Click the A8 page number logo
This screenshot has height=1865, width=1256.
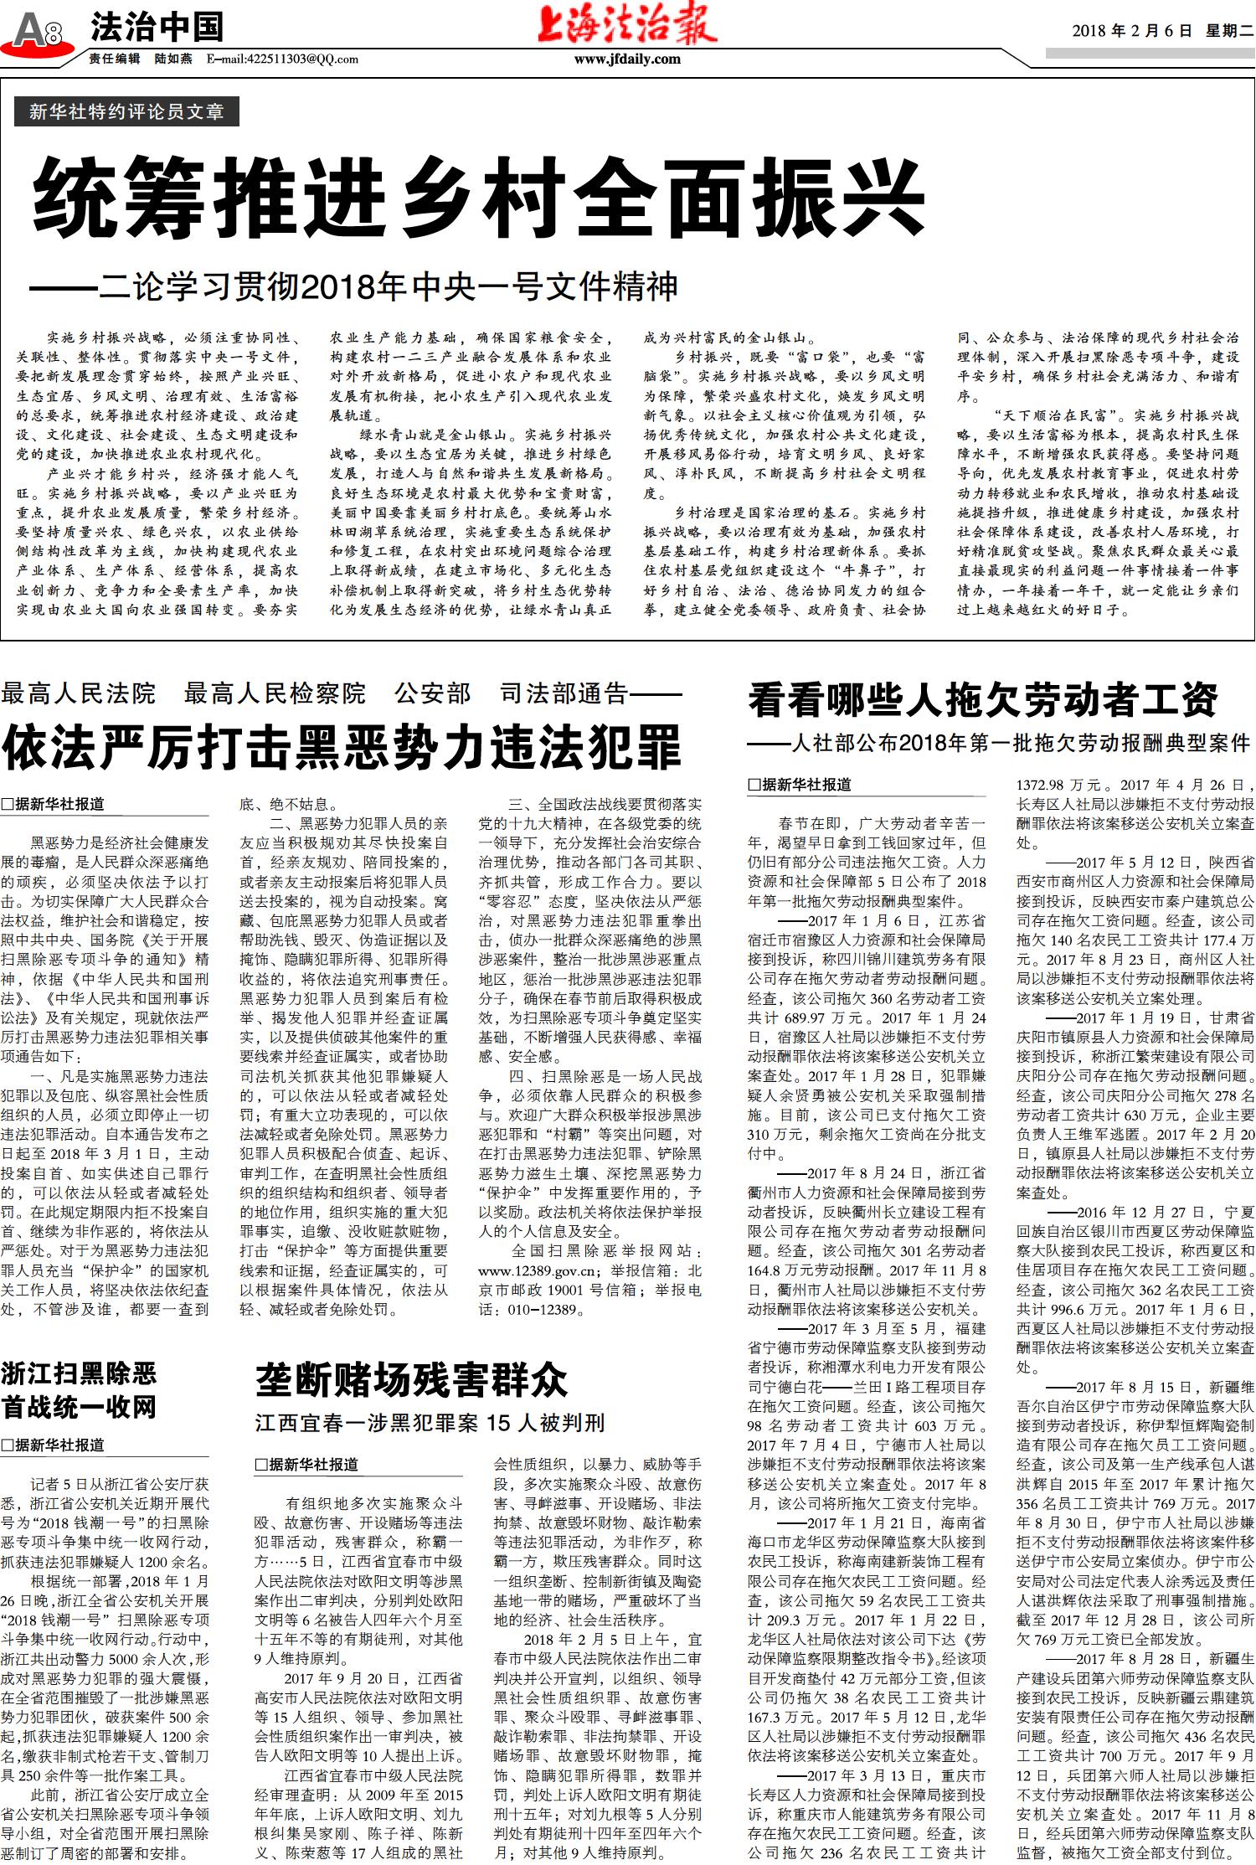pos(37,32)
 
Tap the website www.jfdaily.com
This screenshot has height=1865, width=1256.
pos(627,59)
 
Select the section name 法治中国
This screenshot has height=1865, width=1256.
pos(157,28)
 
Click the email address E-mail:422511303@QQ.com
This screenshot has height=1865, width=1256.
pos(282,59)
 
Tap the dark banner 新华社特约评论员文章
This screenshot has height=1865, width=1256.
pos(126,111)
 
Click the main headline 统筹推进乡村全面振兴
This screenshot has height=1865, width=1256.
pos(478,200)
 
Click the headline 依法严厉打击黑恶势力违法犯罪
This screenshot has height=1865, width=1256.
pos(342,746)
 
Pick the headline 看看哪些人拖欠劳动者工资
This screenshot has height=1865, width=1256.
pos(983,699)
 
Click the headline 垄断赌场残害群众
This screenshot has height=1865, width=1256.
pos(411,1379)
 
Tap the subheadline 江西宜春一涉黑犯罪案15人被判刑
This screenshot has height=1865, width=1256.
pos(430,1423)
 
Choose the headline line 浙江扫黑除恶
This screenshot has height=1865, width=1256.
pos(79,1373)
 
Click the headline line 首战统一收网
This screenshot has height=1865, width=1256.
pos(79,1407)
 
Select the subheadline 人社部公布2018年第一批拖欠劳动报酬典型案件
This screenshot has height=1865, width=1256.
pos(1000,743)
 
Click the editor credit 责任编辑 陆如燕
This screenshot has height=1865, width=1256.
pos(141,59)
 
